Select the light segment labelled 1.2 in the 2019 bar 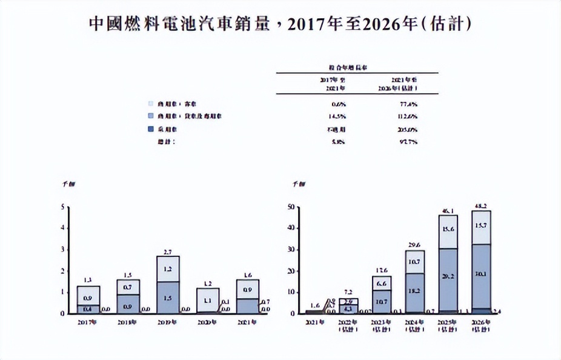[x=168, y=268]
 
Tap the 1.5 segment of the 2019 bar [x=168, y=298]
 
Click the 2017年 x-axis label [x=88, y=322]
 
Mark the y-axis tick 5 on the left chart [x=64, y=207]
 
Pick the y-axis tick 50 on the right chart [x=291, y=207]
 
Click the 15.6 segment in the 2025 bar [x=448, y=230]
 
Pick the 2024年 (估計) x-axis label [x=414, y=325]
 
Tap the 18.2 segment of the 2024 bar [x=415, y=292]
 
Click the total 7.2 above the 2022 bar [x=349, y=292]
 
